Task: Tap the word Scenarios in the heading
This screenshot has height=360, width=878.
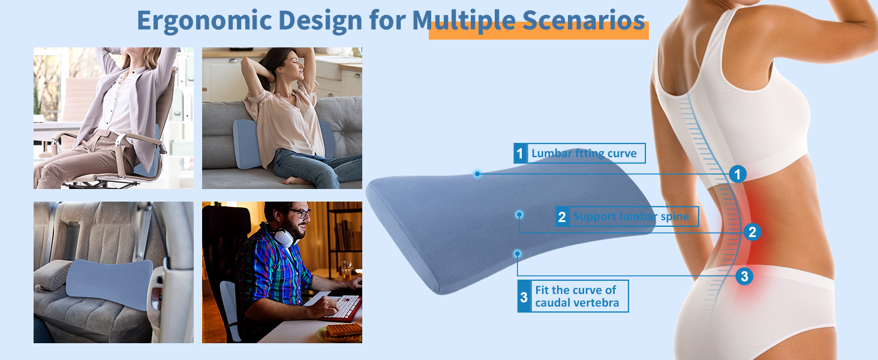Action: point(584,20)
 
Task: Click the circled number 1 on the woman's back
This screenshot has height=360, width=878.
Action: point(737,174)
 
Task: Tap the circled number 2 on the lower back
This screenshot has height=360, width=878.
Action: point(752,232)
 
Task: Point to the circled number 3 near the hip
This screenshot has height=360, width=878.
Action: point(744,276)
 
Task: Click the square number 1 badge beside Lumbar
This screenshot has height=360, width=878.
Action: point(520,154)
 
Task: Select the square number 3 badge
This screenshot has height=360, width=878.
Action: point(524,296)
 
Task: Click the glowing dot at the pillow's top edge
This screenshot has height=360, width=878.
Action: point(477,174)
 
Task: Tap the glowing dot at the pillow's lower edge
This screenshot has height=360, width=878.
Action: point(518,254)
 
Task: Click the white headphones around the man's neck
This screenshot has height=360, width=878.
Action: point(283,236)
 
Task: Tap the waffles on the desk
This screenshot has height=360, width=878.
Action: point(344,331)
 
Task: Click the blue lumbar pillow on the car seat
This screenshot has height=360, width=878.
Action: point(109,283)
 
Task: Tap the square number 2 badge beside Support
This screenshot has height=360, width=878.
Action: point(562,217)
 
